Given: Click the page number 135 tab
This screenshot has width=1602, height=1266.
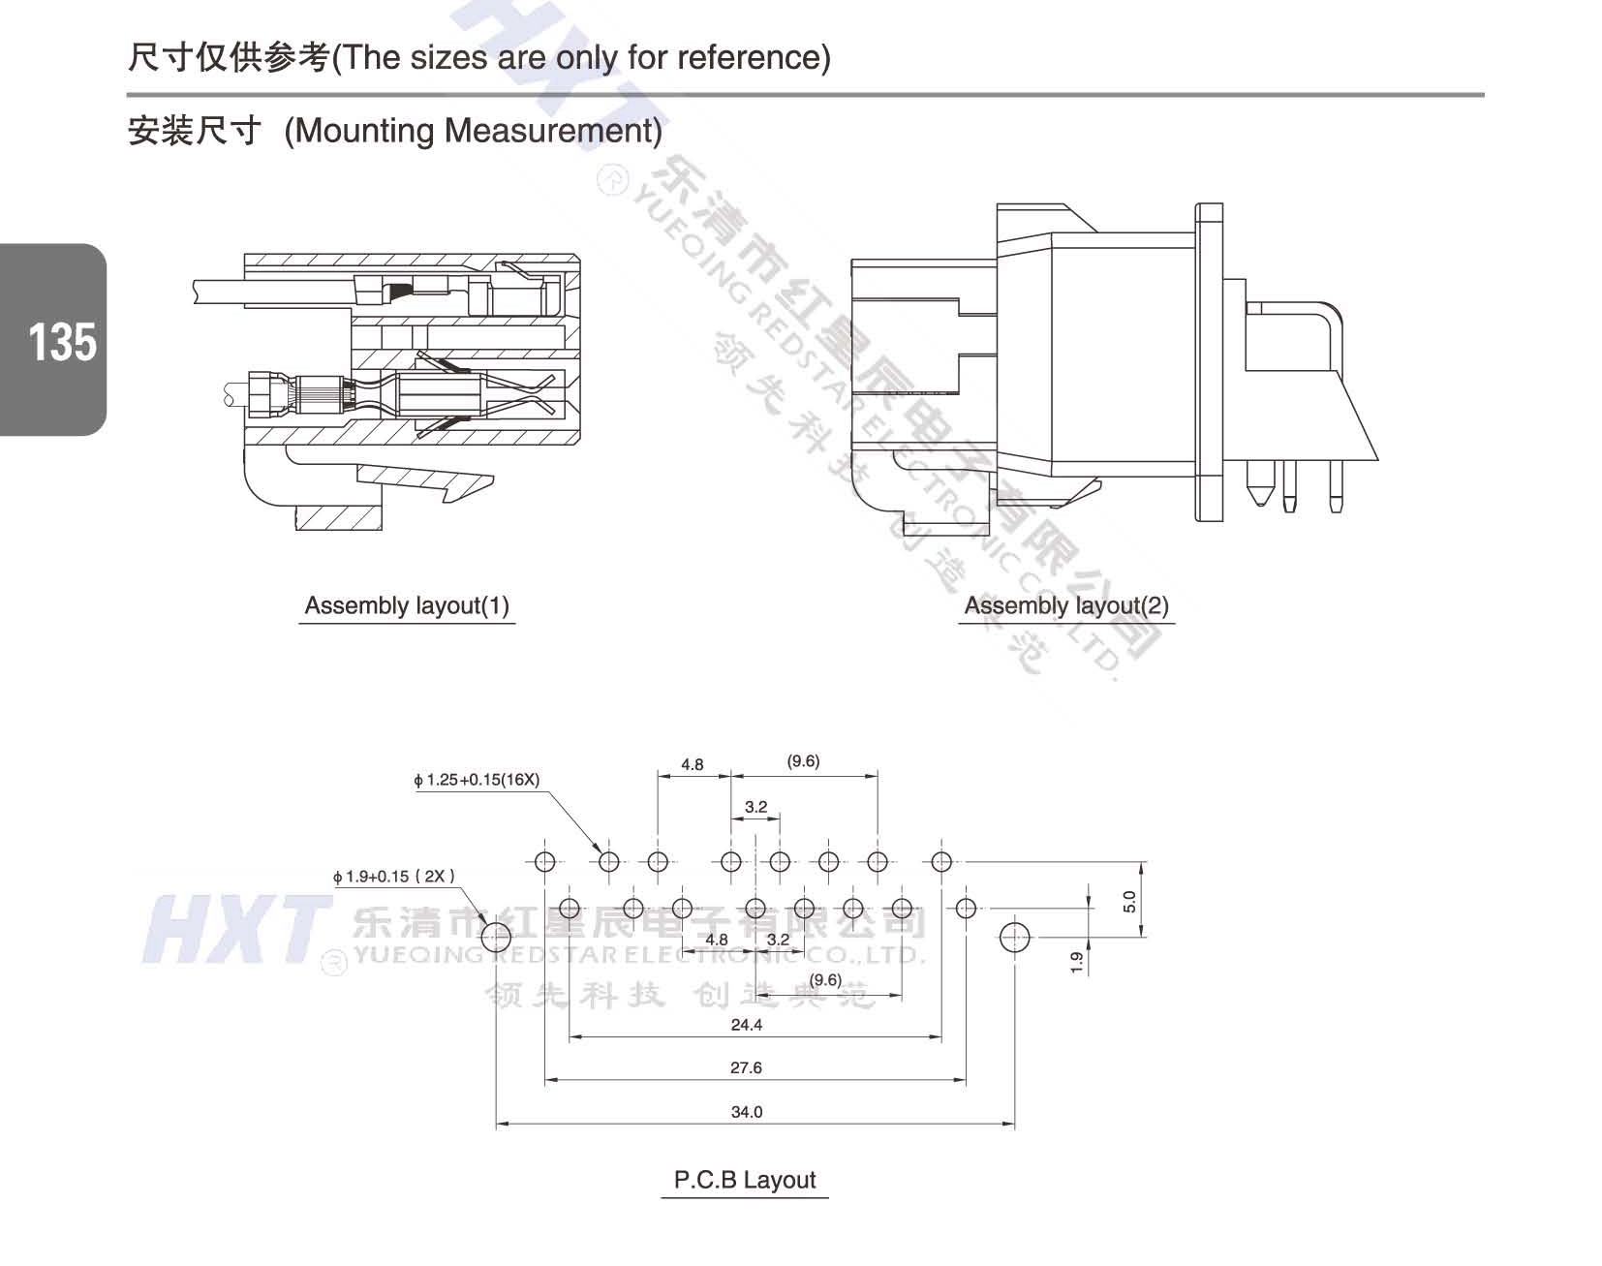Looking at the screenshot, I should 60,342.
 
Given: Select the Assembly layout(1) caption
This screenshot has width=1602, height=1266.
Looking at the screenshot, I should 407,606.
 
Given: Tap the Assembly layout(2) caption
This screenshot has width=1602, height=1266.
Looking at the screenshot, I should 1066,606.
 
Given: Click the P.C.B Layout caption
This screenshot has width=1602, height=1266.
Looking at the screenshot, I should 745,1180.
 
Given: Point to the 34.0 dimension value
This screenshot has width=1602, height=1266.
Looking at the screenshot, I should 747,1112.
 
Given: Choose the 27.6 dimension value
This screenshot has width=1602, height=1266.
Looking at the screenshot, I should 746,1067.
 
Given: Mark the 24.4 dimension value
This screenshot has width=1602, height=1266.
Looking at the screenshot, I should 746,1025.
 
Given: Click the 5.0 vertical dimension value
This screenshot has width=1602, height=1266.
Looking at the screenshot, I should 1129,902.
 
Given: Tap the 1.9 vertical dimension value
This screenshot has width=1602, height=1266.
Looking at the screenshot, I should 1077,962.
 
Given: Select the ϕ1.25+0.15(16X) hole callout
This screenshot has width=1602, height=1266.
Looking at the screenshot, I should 477,780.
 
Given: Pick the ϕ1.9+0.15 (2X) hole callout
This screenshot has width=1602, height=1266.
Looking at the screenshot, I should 393,877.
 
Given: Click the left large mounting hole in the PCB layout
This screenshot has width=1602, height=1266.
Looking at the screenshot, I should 496,937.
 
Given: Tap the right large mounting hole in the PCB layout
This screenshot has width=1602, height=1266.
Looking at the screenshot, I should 1014,937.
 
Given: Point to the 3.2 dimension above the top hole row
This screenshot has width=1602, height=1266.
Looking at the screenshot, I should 755,807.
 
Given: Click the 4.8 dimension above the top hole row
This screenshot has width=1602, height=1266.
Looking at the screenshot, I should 693,764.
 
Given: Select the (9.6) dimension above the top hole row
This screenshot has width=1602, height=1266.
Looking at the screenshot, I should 803,761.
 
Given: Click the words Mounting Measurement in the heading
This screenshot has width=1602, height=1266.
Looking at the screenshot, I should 473,131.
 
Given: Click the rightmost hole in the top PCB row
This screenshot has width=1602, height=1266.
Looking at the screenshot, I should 941,861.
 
